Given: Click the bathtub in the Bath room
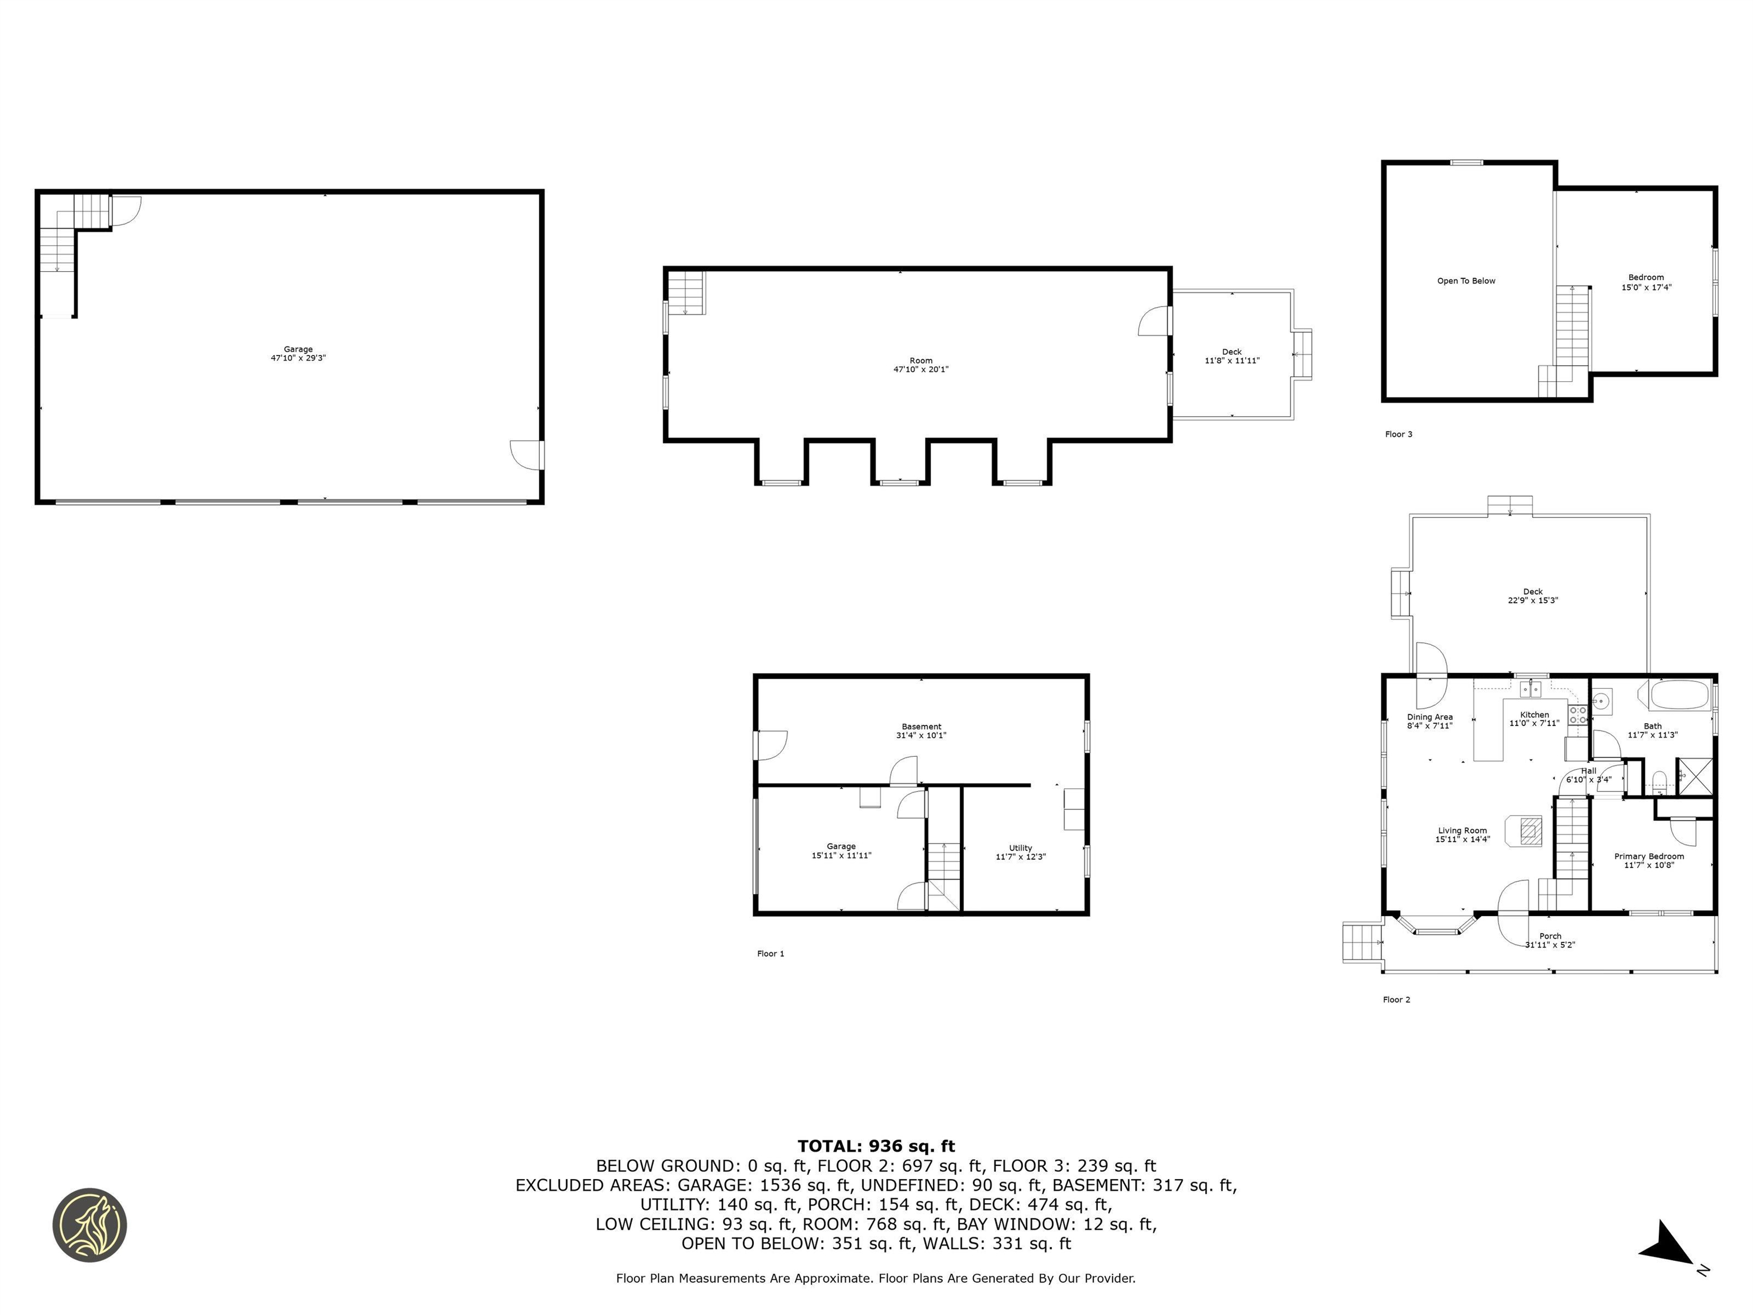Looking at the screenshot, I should coord(1678,695).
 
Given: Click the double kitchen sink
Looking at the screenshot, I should coord(1529,689).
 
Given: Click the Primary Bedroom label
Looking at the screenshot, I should coord(1649,856).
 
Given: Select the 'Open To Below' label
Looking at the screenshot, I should coord(1466,281).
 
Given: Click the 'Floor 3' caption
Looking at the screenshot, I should coord(1398,434).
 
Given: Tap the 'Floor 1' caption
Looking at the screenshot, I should coord(770,954).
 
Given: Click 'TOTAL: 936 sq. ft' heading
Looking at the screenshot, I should coord(876,1145).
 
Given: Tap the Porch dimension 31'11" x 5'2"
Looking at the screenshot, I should coord(1550,945).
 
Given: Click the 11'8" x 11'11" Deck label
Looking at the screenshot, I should coord(1231,361).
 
